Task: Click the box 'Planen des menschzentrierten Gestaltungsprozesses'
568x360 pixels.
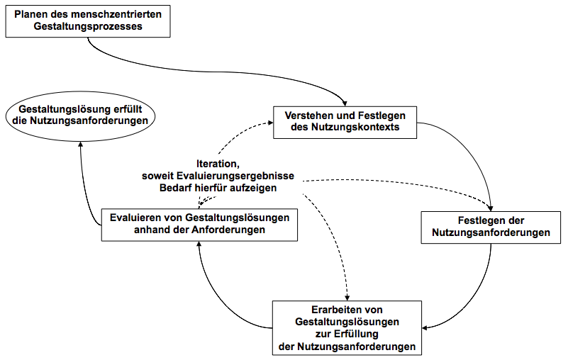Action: coord(88,20)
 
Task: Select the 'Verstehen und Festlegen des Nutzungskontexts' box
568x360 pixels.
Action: coord(345,122)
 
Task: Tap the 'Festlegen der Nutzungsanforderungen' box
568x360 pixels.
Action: coord(491,226)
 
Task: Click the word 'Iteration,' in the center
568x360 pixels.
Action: coord(221,164)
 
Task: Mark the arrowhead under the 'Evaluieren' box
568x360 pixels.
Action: coord(199,244)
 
